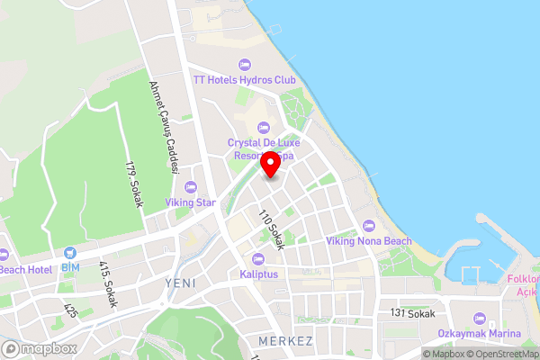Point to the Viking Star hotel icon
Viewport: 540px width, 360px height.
coord(190,187)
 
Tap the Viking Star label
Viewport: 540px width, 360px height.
coord(190,203)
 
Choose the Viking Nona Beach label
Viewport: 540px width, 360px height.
coord(368,241)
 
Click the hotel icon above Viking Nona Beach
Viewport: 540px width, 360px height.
coord(367,225)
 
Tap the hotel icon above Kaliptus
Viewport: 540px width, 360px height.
coord(258,258)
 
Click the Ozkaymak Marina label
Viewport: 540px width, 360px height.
coord(479,335)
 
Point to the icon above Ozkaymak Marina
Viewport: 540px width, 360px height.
coord(479,319)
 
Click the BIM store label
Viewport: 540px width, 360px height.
coord(71,267)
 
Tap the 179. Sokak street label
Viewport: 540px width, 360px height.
coord(135,184)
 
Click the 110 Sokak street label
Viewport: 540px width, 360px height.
coord(272,229)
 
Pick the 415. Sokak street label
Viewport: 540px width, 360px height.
coord(107,285)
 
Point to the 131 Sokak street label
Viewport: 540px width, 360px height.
coord(413,313)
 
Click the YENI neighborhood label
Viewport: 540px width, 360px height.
coord(180,283)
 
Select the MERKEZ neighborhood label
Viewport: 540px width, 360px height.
coord(284,342)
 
